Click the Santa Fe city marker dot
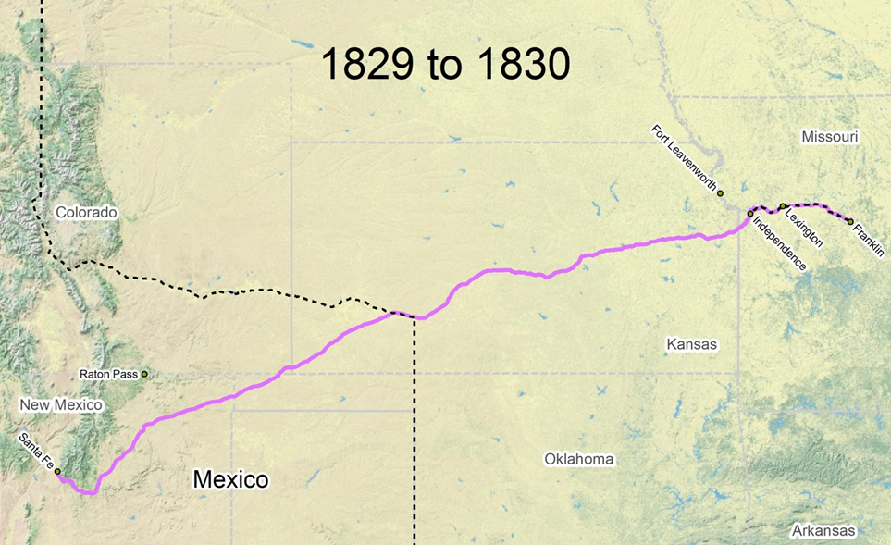(57, 472)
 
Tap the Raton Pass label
(108, 375)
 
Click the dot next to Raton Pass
(144, 374)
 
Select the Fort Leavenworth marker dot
(720, 193)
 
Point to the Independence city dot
(750, 214)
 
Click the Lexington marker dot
(783, 206)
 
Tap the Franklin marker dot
(850, 221)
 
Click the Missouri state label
(830, 137)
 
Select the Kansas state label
(691, 344)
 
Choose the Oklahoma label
(578, 459)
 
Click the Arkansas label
(823, 531)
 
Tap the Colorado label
(86, 213)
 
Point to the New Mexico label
(61, 405)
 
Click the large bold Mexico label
(230, 479)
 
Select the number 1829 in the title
(365, 65)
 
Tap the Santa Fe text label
(34, 450)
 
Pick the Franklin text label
(869, 239)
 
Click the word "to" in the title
(446, 65)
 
